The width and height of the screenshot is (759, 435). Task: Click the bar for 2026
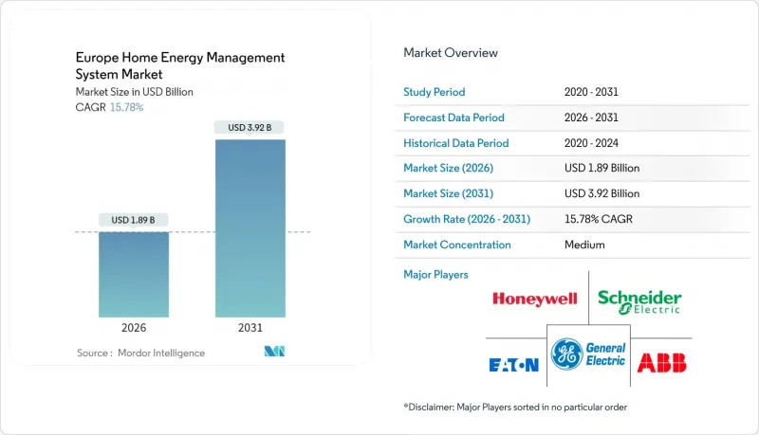[133, 274]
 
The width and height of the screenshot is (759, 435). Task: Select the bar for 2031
[250, 228]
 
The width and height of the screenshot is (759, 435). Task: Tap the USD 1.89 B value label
[133, 220]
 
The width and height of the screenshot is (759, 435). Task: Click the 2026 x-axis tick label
[133, 327]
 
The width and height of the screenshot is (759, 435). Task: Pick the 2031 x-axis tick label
[250, 327]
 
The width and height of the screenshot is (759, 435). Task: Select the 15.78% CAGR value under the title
[127, 107]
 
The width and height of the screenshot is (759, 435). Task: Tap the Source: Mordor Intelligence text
[141, 353]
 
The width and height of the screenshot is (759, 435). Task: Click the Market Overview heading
[451, 53]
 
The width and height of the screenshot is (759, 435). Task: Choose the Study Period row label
[435, 92]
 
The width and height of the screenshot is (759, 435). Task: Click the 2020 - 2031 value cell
[590, 92]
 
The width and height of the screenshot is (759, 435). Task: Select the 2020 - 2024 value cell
[590, 143]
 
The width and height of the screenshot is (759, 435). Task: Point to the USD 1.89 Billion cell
[602, 168]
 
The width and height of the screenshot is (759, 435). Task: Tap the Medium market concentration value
[583, 245]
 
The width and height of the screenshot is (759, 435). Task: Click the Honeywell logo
[534, 299]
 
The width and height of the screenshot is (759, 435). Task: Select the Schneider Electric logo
[639, 301]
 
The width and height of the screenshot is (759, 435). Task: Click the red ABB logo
[662, 362]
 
